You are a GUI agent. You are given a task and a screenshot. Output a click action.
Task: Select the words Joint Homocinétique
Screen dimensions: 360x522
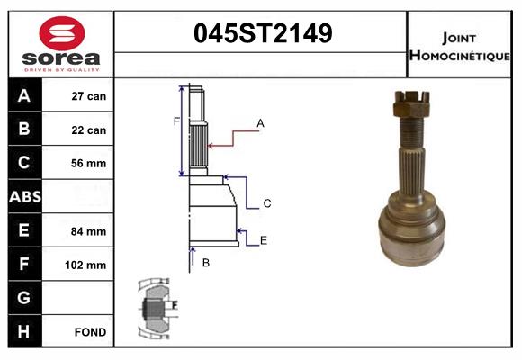click(x=461, y=46)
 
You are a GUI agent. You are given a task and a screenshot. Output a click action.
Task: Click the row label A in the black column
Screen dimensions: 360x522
click(x=23, y=96)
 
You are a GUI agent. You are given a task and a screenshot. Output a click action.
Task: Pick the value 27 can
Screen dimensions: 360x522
click(x=89, y=96)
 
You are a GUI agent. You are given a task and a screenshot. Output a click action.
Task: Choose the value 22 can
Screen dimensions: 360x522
click(x=89, y=130)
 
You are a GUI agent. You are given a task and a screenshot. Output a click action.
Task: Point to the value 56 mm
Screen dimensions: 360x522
click(x=89, y=164)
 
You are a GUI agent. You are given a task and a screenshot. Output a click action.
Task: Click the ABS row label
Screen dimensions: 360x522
click(x=23, y=197)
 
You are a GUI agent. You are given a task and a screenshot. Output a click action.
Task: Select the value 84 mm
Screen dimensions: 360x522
click(x=89, y=231)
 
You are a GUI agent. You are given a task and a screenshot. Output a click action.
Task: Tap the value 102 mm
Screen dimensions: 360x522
click(x=87, y=265)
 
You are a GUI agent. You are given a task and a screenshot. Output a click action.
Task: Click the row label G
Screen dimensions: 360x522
click(x=23, y=298)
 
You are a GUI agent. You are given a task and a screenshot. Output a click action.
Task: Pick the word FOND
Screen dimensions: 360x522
click(x=90, y=332)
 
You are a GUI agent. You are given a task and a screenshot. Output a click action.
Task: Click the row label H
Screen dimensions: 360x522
click(x=23, y=331)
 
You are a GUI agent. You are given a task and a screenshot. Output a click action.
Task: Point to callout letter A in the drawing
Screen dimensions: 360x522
click(x=260, y=122)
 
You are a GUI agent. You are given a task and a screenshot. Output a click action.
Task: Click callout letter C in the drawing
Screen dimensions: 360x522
click(x=267, y=204)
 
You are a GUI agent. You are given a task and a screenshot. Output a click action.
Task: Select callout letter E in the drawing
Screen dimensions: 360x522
click(x=263, y=240)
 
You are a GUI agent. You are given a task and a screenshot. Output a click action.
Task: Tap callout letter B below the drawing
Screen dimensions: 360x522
click(x=205, y=263)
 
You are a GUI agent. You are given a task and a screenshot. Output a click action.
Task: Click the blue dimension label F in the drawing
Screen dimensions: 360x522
click(x=176, y=121)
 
